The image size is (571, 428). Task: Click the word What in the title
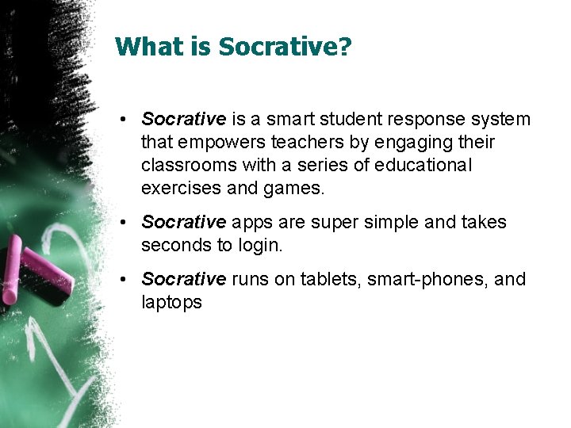click(x=148, y=47)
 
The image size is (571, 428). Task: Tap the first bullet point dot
click(x=126, y=120)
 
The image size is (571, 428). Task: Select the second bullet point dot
click(x=126, y=223)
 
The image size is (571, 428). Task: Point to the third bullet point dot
click(x=126, y=280)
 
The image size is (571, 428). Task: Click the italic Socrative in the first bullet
click(x=183, y=120)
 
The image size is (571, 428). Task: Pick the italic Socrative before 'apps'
click(x=183, y=223)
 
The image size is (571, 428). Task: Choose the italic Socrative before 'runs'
click(x=183, y=280)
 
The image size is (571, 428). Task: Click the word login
click(x=259, y=246)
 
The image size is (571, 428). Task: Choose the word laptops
click(x=171, y=303)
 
